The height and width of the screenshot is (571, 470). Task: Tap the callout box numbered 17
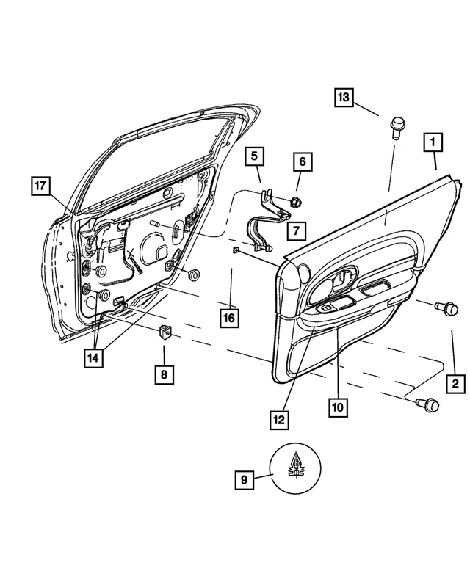[x=42, y=186]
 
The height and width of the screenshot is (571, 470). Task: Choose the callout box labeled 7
[x=296, y=231]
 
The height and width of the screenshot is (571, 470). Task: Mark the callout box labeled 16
[x=231, y=318]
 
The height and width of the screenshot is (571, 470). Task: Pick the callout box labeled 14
[x=95, y=357]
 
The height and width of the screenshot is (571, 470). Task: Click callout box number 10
[x=336, y=405]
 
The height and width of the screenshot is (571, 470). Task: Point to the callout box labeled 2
[x=455, y=382]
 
